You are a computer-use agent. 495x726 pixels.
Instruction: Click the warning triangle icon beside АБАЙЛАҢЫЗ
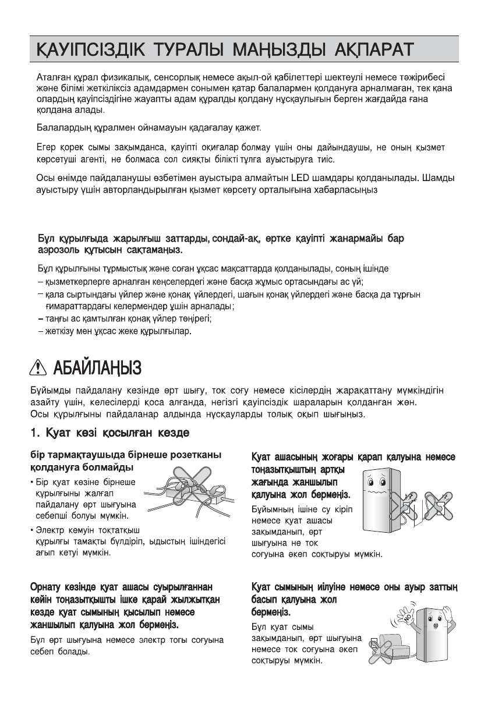(42, 368)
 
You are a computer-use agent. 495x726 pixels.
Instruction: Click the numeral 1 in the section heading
(34, 433)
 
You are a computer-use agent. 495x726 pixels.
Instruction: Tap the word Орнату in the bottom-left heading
(49, 586)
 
